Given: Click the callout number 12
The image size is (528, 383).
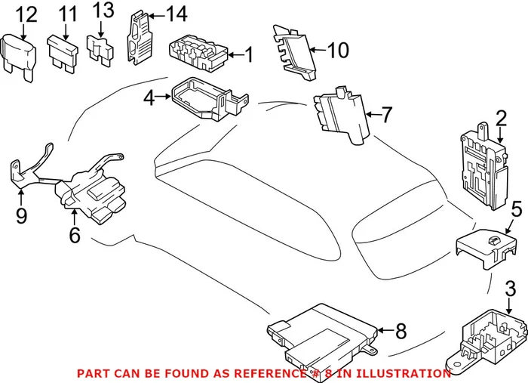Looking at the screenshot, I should click(26, 14).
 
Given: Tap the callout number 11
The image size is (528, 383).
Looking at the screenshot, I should click(68, 14).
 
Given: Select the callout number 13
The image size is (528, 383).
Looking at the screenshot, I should click(103, 11).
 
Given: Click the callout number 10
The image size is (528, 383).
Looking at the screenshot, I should click(339, 51).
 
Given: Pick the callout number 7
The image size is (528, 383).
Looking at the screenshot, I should click(386, 115).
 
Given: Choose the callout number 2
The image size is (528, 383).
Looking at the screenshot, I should click(501, 118).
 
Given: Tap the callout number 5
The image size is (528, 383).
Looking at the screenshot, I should click(516, 209).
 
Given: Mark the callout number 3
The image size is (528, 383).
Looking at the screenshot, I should click(510, 288).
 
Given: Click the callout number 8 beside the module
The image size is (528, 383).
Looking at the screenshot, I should click(401, 330).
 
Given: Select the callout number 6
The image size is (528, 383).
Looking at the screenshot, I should click(74, 236).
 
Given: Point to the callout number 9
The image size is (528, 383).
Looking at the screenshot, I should click(21, 217).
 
